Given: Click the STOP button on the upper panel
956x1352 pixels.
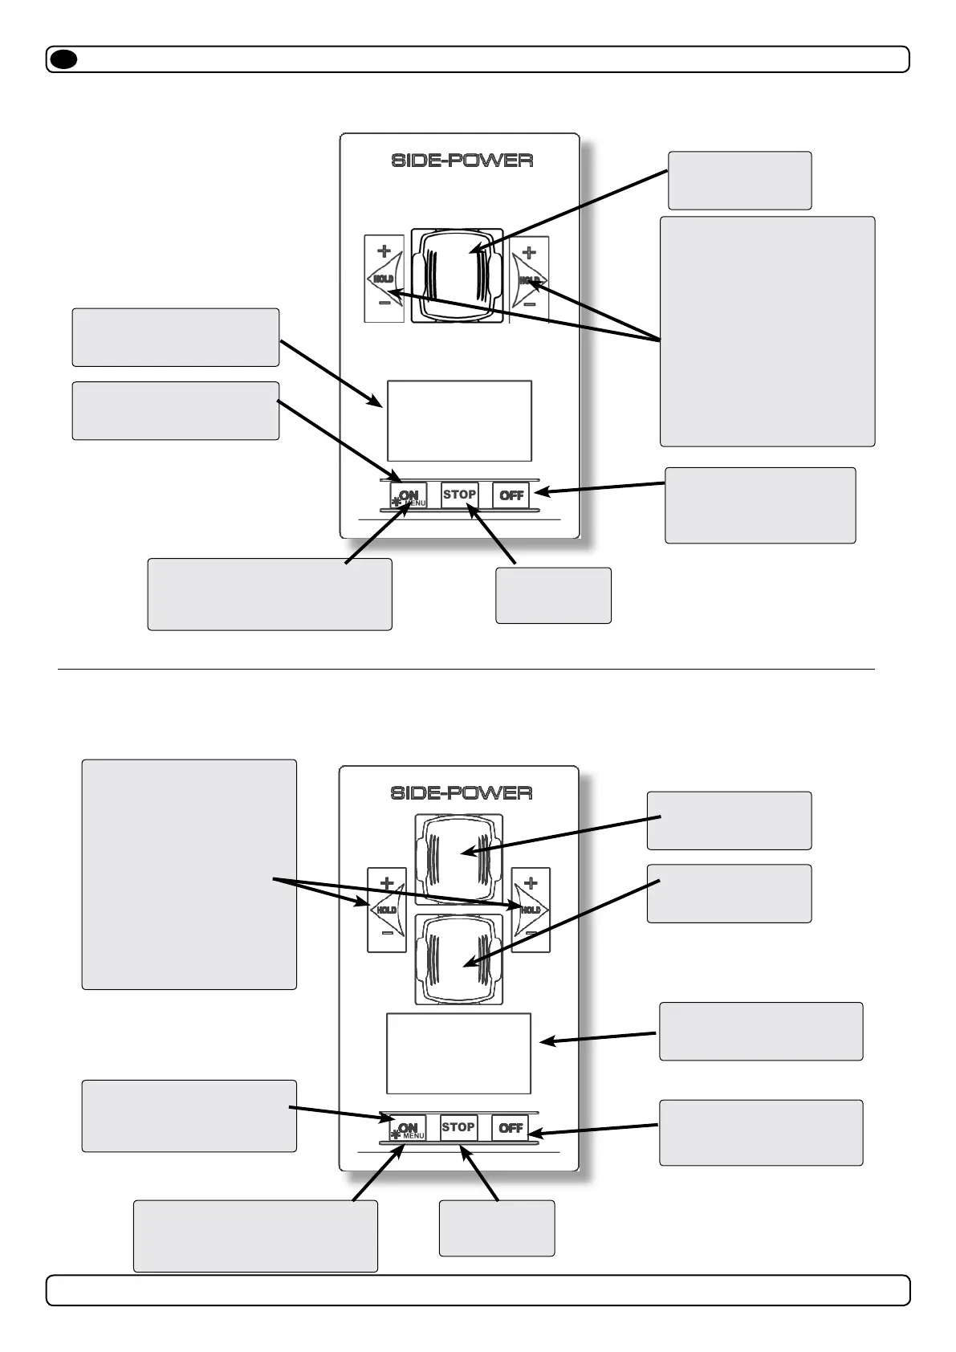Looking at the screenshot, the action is coord(459,495).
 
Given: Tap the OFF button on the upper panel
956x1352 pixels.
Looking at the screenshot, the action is coord(511,495).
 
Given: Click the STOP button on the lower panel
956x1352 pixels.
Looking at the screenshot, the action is coord(458,1127).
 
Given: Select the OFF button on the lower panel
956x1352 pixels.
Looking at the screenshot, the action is coord(511,1128).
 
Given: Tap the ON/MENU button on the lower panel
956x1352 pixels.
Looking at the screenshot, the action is coord(408,1129).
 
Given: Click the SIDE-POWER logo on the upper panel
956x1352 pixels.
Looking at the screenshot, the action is coord(462,161).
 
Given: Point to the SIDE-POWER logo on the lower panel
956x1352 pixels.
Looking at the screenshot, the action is coord(461,793).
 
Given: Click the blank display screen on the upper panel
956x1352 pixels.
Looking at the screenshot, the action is coord(459,421).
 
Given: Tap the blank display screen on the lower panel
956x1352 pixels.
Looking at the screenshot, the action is coord(458,1053).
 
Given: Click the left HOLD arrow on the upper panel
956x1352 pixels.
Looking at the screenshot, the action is coord(383,279).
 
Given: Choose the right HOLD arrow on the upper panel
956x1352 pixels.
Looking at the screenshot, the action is coord(530,279).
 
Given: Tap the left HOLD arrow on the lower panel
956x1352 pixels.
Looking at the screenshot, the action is coord(386,910).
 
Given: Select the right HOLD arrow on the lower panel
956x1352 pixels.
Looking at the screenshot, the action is coord(531,910).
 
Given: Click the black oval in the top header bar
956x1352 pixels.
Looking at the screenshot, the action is coord(63,59).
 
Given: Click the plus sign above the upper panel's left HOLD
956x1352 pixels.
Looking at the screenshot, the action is coord(384,250).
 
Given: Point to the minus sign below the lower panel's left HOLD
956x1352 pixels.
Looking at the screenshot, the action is coord(387,934).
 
